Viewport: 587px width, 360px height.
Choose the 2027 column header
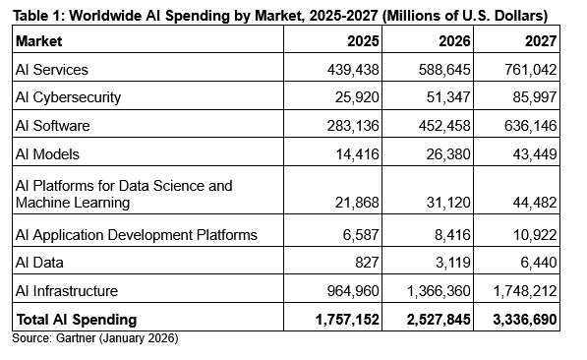pos(539,41)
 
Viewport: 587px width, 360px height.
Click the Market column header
pos(39,42)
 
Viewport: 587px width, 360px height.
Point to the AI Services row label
pos(52,70)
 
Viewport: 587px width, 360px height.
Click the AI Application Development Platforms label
pos(137,234)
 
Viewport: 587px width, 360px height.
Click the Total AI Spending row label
pos(76,319)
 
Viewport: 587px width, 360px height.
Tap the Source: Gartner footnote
pos(95,338)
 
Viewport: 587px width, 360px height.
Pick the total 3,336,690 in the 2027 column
pos(523,319)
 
